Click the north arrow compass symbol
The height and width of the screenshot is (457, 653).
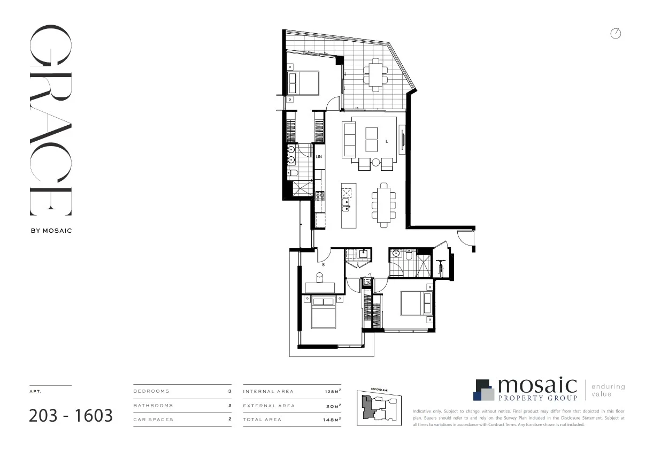point(616,34)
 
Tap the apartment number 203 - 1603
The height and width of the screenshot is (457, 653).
point(71,415)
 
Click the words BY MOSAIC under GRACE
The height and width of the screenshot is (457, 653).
point(50,231)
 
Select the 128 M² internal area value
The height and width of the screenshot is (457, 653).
point(332,392)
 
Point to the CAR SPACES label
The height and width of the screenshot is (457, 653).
point(153,420)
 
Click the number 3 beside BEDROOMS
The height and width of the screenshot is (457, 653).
point(229,391)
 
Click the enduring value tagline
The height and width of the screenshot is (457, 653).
point(608,390)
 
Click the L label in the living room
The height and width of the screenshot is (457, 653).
point(386,141)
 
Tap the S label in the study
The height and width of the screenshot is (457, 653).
point(322,264)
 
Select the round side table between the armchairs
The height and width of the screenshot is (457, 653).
point(376,162)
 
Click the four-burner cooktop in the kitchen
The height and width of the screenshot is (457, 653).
point(319,196)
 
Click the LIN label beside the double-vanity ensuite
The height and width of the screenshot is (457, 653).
point(319,157)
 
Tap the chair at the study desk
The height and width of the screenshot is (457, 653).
point(320,277)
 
